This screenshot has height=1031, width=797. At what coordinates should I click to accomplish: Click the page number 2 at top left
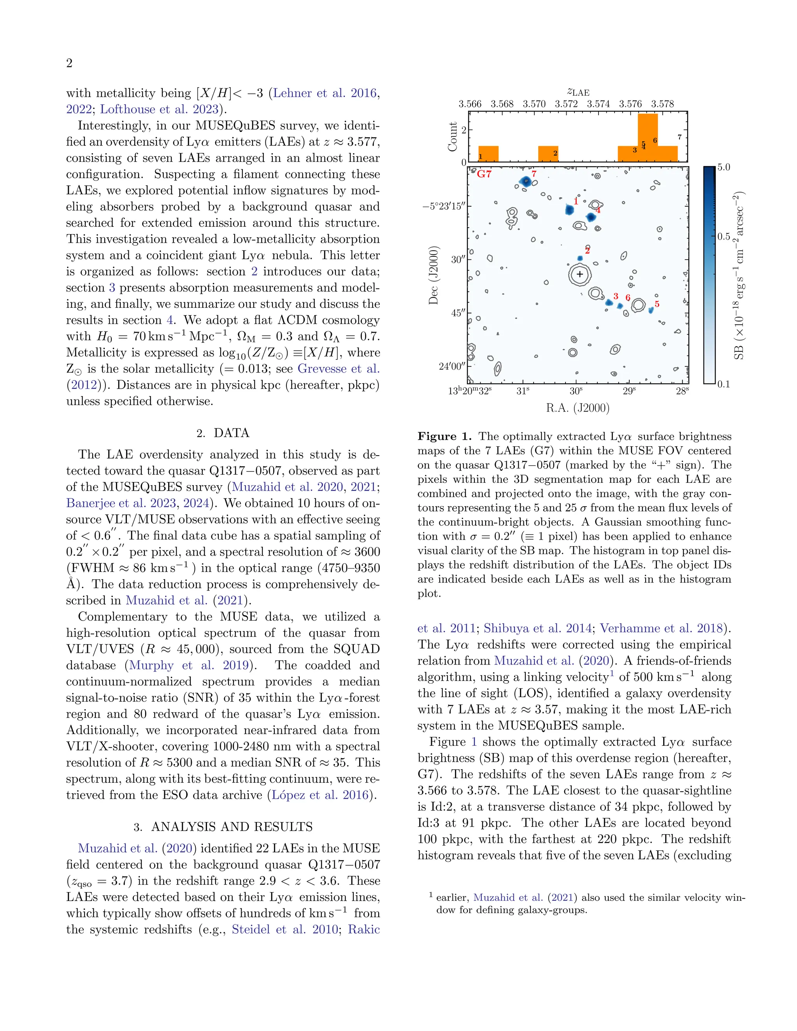pos(69,63)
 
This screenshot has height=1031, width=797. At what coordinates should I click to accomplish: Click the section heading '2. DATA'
pos(222,433)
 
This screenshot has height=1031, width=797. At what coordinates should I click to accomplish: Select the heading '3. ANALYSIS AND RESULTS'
pos(222,827)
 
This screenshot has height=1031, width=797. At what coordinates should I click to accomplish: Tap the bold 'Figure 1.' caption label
pos(444,436)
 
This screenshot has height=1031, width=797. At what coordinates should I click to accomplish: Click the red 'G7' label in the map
pos(484,174)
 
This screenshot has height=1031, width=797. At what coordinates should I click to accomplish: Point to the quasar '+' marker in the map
pos(579,274)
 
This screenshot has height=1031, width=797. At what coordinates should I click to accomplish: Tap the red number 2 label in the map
pos(587,250)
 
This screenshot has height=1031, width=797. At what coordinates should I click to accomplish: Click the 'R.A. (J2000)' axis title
pos(578,408)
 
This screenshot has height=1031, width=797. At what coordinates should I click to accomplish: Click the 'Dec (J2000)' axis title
pos(434,275)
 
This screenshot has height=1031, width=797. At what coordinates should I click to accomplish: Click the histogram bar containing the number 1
pos(488,154)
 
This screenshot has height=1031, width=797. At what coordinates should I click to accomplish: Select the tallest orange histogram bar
pos(647,137)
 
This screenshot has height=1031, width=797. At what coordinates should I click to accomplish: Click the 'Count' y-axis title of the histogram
pos(452,137)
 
